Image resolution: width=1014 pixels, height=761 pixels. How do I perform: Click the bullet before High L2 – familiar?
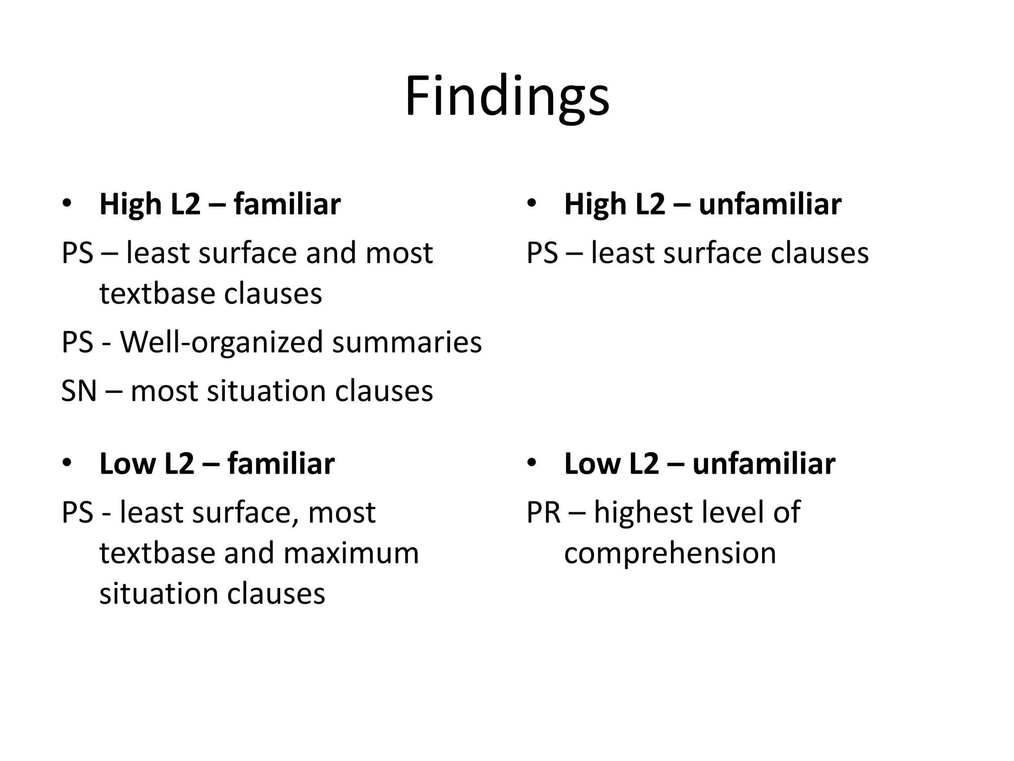(67, 203)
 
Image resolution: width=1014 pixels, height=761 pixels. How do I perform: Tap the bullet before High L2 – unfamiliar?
(532, 203)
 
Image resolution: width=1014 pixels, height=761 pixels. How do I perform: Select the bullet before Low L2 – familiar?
(67, 463)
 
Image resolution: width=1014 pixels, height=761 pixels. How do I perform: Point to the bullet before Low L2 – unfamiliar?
(532, 463)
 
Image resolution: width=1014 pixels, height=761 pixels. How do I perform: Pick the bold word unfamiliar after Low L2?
(763, 464)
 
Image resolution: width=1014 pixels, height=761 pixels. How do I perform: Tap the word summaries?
(406, 342)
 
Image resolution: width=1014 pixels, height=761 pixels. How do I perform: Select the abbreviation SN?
(78, 391)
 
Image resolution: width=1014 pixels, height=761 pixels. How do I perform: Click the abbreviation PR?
(543, 512)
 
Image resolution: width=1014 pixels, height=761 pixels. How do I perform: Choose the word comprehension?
(670, 553)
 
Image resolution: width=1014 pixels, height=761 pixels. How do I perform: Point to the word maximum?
(351, 553)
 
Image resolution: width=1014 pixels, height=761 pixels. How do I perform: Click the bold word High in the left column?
(130, 204)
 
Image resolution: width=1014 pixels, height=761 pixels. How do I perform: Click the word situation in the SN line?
(266, 391)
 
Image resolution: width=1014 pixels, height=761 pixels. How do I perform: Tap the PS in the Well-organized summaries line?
(77, 342)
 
